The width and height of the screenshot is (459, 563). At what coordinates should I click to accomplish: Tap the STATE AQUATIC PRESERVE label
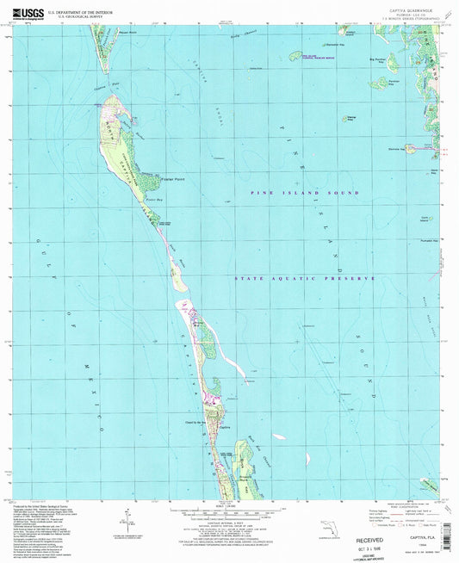[306, 279]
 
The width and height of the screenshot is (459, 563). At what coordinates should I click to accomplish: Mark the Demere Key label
[395, 148]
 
